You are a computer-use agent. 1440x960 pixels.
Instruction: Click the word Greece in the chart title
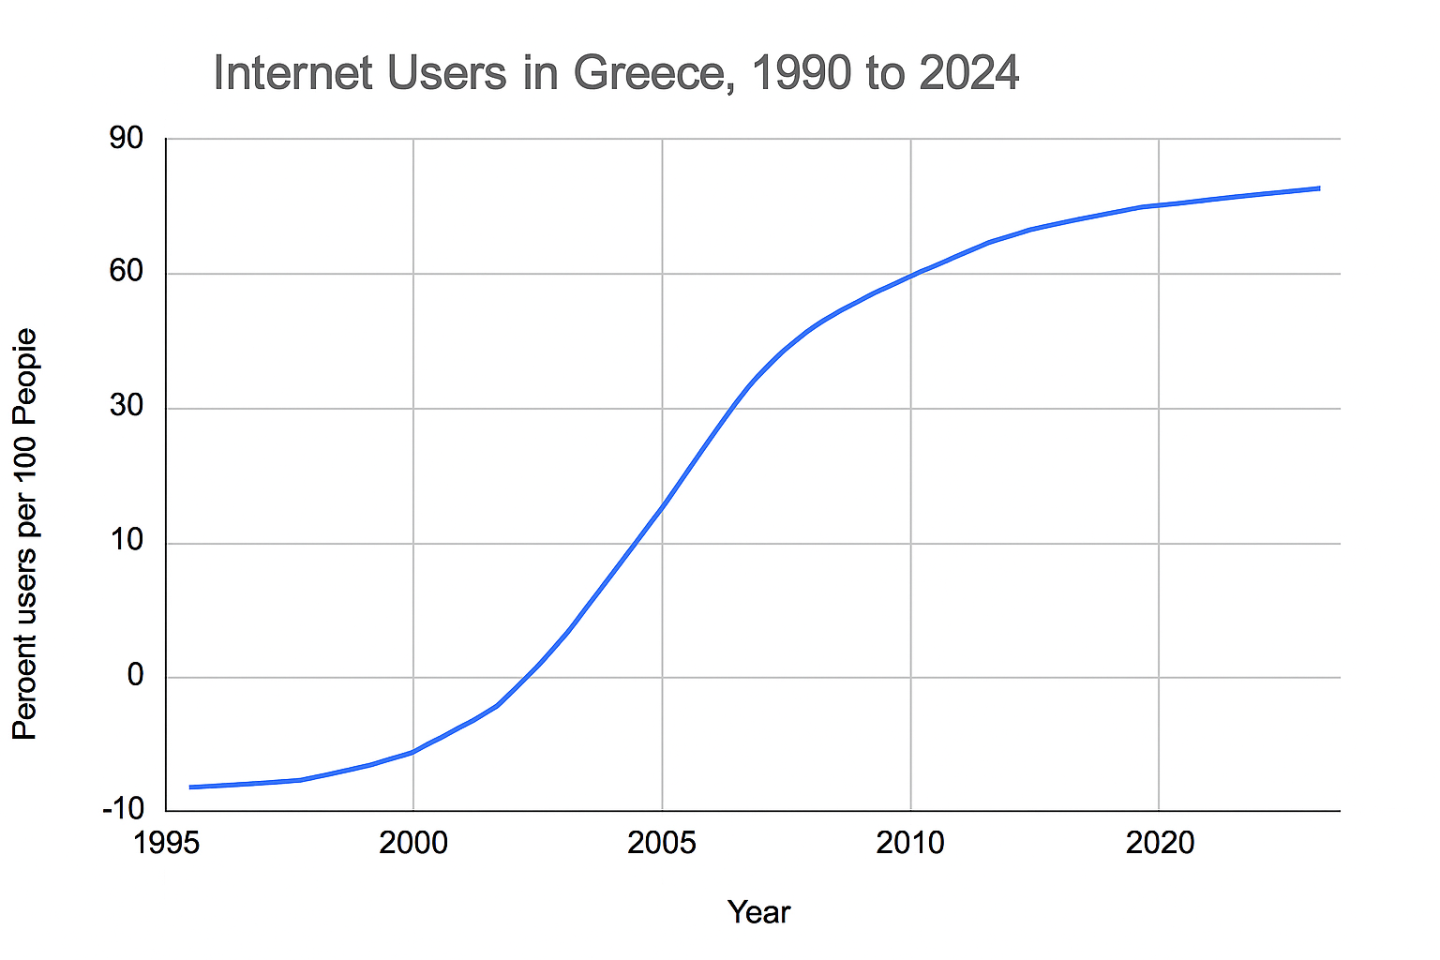point(648,73)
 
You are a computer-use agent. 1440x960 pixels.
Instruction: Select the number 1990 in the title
point(802,73)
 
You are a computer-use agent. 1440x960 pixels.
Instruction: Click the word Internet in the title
point(293,73)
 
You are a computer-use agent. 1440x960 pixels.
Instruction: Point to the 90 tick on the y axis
point(127,139)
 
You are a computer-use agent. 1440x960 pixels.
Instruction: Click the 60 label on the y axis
point(127,273)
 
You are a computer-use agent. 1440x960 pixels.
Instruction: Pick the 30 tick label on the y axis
point(127,407)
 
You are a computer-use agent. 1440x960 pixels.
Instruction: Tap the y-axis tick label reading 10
point(127,541)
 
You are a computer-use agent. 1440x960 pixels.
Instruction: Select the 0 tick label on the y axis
point(136,675)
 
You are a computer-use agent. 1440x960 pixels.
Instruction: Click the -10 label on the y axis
point(122,809)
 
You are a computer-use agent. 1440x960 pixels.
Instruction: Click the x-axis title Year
point(758,912)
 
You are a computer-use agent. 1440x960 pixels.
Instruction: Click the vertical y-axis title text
point(25,534)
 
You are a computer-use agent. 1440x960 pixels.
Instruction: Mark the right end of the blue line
point(1319,188)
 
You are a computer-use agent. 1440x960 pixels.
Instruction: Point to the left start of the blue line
point(190,787)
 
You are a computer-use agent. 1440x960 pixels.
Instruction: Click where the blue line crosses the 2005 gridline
point(663,505)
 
